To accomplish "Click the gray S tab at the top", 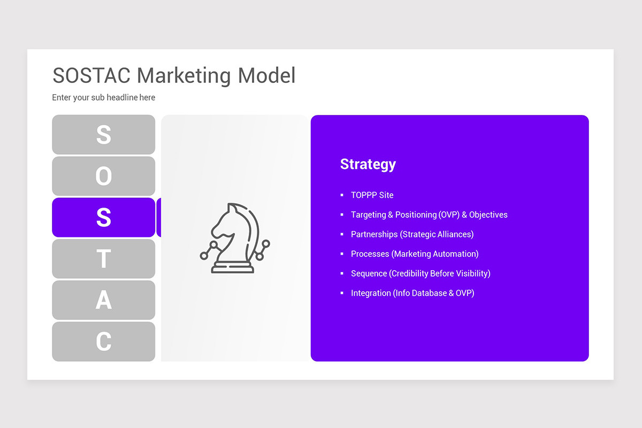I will (x=103, y=135).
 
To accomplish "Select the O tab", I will (x=103, y=176).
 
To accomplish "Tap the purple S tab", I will (x=103, y=217).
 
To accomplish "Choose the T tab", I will (x=103, y=259).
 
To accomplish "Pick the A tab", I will (x=103, y=300).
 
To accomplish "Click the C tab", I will (x=103, y=341).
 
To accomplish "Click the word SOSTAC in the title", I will (x=91, y=75).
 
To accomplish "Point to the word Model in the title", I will (x=266, y=75).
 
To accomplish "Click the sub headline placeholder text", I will (x=103, y=97).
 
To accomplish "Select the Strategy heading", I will (x=368, y=164).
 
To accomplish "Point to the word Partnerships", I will (x=374, y=234).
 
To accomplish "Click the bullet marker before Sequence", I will (x=342, y=273).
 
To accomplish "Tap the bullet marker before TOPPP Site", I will (x=342, y=195).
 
